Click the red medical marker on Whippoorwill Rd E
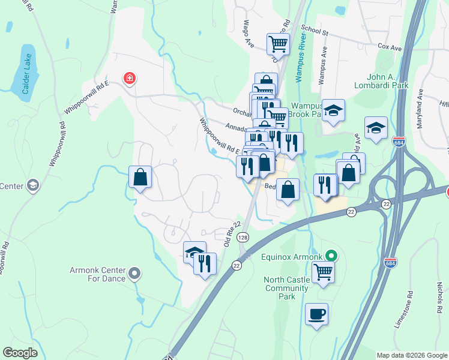point(129,78)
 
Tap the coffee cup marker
point(316,314)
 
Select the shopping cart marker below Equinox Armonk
point(323,272)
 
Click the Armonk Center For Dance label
point(89,274)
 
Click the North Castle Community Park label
point(287,288)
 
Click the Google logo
point(20,353)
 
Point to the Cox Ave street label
point(388,46)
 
